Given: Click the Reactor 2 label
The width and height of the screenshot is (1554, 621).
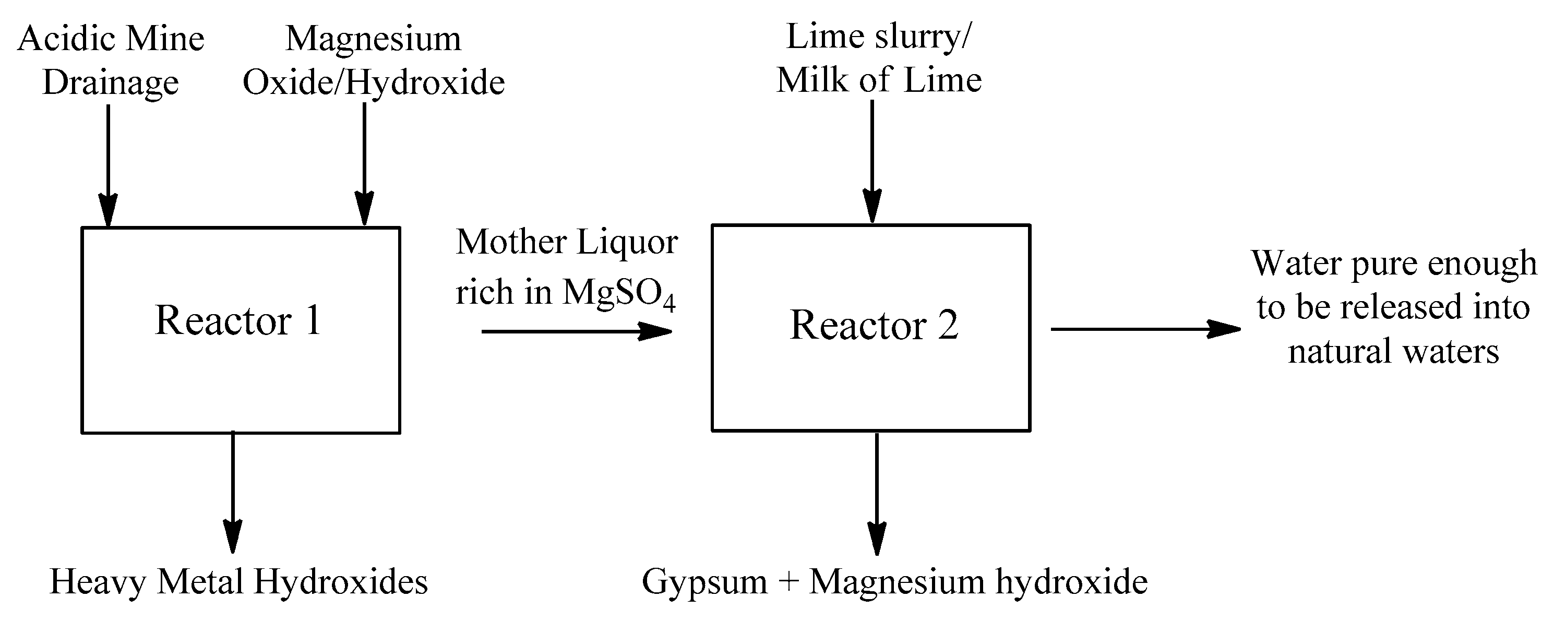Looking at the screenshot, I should point(874,325).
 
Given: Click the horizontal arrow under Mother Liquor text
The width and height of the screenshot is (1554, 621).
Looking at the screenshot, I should point(576,331).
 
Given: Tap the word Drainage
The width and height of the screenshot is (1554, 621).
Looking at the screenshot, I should point(111,82).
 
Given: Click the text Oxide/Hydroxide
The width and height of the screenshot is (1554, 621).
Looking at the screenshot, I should point(374,82).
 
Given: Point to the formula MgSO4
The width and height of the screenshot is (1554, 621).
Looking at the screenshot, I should point(618,293).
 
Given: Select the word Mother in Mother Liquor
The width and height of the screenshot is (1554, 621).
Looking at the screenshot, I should point(511,243).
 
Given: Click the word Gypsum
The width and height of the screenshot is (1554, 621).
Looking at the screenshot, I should point(704,582).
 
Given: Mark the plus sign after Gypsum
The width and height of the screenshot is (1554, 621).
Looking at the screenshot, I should point(788,583).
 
